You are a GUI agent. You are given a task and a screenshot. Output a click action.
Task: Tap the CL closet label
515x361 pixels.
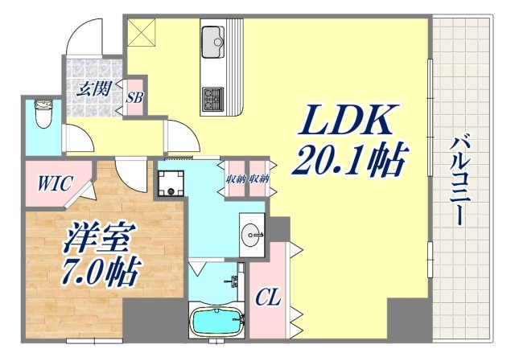(x=269, y=299)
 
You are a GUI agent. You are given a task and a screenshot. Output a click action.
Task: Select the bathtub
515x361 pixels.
(x=216, y=323)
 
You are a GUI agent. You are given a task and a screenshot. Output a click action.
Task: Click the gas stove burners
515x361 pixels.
(x=213, y=100)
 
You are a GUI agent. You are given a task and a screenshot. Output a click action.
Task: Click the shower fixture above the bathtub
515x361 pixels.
(x=234, y=281)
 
